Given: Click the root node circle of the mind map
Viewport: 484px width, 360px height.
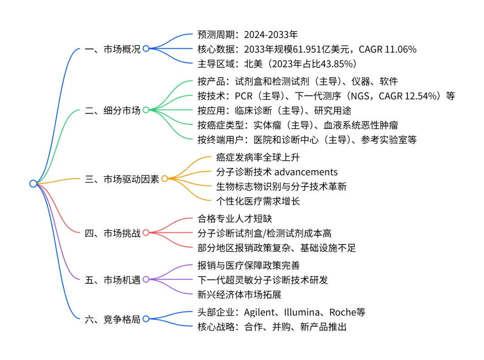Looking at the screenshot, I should (33, 183).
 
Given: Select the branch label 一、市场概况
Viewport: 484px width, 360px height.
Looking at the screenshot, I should (112, 49).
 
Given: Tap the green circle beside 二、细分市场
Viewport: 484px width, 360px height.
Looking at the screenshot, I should (146, 110).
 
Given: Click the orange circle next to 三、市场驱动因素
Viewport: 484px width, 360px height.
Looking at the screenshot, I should (164, 179).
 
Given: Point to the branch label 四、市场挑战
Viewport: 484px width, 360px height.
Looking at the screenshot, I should (112, 233).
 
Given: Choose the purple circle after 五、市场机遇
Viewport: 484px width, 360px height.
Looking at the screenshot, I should (146, 280).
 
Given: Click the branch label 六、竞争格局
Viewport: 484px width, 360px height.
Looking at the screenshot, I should (112, 319).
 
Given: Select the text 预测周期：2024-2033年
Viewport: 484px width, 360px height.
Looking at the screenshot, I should (247, 35).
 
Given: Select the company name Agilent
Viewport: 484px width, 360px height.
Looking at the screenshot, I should (260, 312).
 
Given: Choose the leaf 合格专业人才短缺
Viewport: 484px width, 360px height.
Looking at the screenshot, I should (234, 218).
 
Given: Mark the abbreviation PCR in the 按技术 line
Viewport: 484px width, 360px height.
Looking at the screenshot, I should (244, 96).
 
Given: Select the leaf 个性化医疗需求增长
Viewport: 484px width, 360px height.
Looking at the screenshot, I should (258, 201).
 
